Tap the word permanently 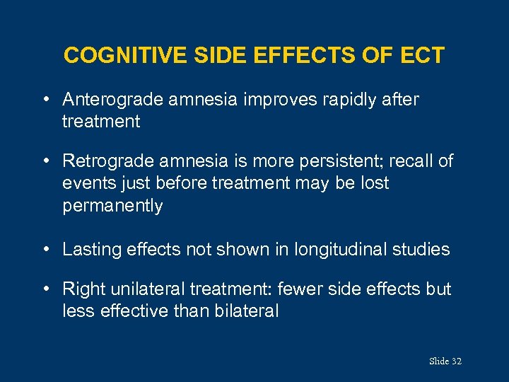click(x=112, y=206)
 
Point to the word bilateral click(x=246, y=311)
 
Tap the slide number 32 click(x=456, y=361)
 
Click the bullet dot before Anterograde click(x=46, y=100)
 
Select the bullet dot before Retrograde click(x=46, y=161)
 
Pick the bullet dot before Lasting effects click(x=46, y=249)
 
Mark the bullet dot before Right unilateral click(x=46, y=289)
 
